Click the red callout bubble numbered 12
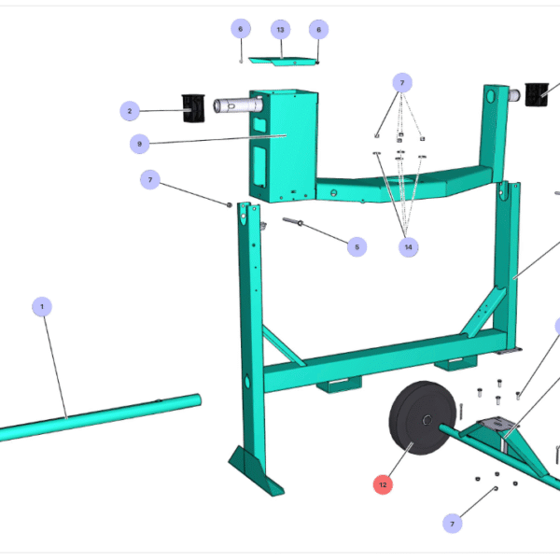383,484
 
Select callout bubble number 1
42,306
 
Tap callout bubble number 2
131,111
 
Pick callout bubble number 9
140,144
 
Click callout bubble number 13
280,29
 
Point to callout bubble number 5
355,247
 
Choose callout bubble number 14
408,247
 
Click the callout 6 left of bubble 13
240,29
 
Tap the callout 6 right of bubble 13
318,29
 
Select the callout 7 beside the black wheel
454,524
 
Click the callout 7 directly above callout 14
401,82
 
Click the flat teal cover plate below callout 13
280,63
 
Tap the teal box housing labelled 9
280,140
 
